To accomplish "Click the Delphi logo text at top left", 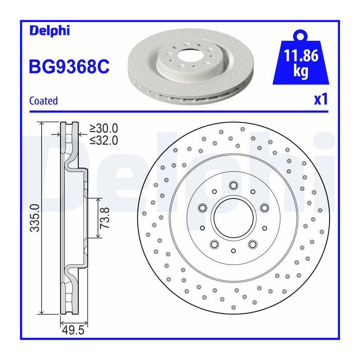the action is coord(49,31).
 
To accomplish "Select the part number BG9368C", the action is coord(69,66).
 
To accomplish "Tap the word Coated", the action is coord(43,101).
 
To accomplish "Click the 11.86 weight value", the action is coord(301,56).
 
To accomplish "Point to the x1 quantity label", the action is coord(321,100).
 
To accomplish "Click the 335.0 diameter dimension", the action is coord(35,218).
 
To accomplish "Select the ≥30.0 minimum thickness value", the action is coord(104,128).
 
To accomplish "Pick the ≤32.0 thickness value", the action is coord(104,140).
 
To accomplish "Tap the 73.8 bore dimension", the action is coord(105,218).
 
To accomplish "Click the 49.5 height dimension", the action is coord(73,330).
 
